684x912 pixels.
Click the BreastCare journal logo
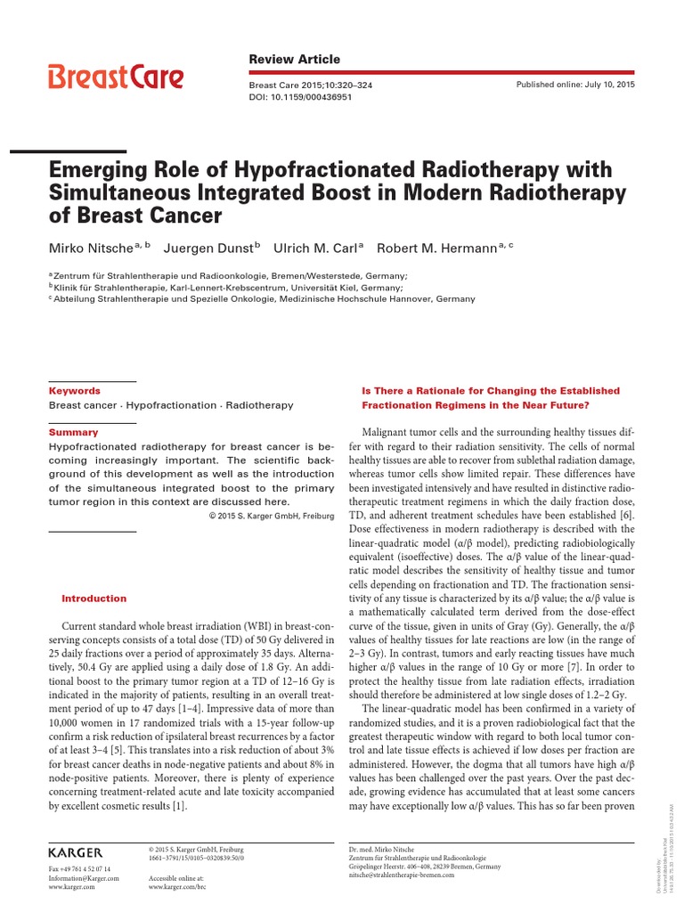(x=116, y=77)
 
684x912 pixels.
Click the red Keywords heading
(x=75, y=390)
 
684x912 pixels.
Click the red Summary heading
(x=74, y=431)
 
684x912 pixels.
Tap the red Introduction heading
(x=94, y=598)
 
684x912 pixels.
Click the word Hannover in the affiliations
(x=413, y=299)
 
